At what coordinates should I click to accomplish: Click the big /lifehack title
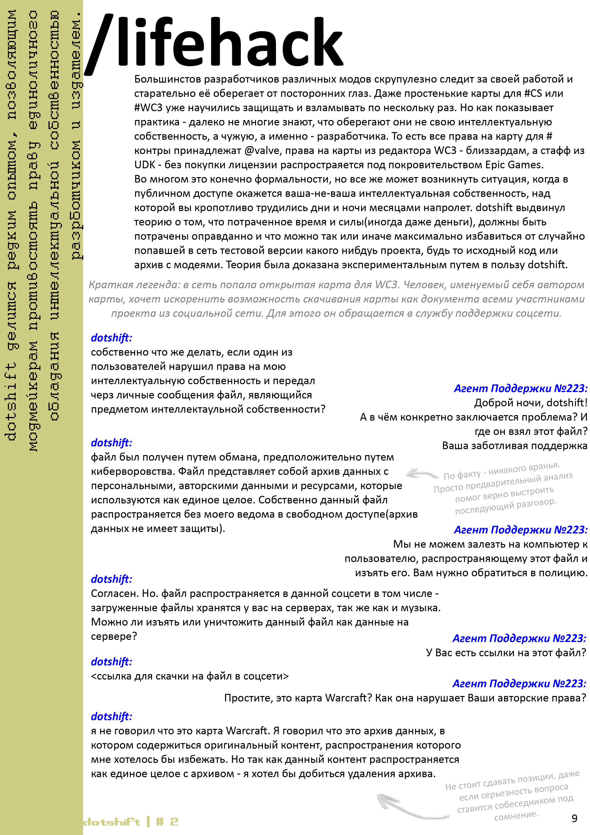[215, 44]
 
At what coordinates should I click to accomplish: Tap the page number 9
[574, 818]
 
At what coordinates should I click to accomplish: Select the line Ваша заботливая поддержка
[514, 446]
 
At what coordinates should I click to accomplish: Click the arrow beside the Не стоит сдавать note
[411, 807]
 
